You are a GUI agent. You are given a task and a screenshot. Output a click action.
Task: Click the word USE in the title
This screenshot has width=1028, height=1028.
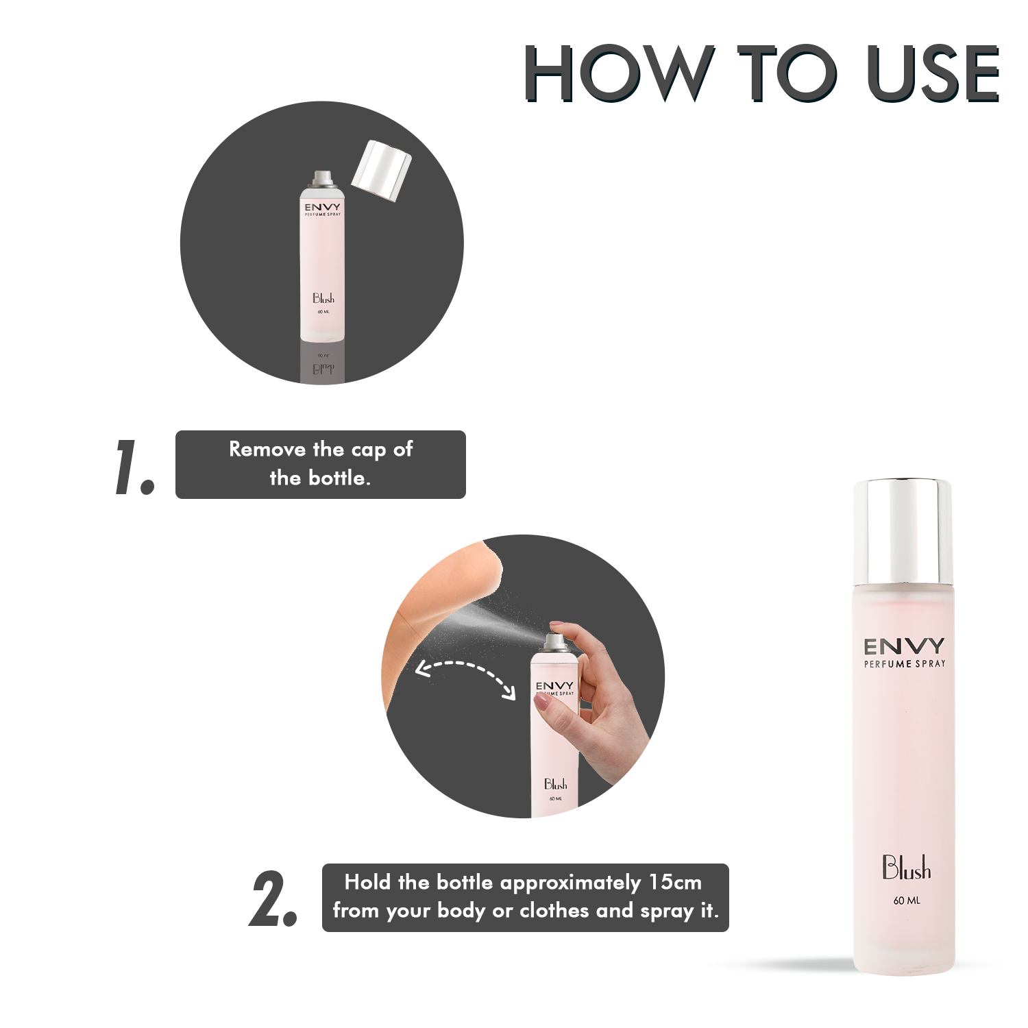tap(933, 73)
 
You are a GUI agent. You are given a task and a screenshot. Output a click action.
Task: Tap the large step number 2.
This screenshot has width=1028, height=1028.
tap(272, 899)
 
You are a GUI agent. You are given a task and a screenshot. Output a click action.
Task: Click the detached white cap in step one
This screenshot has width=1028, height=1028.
tap(382, 171)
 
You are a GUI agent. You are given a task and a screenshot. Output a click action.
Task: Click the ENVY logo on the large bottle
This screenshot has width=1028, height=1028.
tap(904, 646)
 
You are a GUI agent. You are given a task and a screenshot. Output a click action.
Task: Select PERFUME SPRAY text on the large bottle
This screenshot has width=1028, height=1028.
tap(904, 664)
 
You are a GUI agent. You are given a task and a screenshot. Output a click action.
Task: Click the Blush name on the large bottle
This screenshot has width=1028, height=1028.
tap(906, 868)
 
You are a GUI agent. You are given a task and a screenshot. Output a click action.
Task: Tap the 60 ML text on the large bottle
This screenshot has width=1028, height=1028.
tap(907, 901)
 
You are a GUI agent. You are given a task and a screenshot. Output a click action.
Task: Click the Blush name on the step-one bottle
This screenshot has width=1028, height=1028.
tap(323, 298)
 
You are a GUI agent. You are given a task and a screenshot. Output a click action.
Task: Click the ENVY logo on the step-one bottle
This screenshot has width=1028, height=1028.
tap(323, 207)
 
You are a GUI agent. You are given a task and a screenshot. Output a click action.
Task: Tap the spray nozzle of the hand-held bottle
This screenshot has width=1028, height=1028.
tap(554, 641)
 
